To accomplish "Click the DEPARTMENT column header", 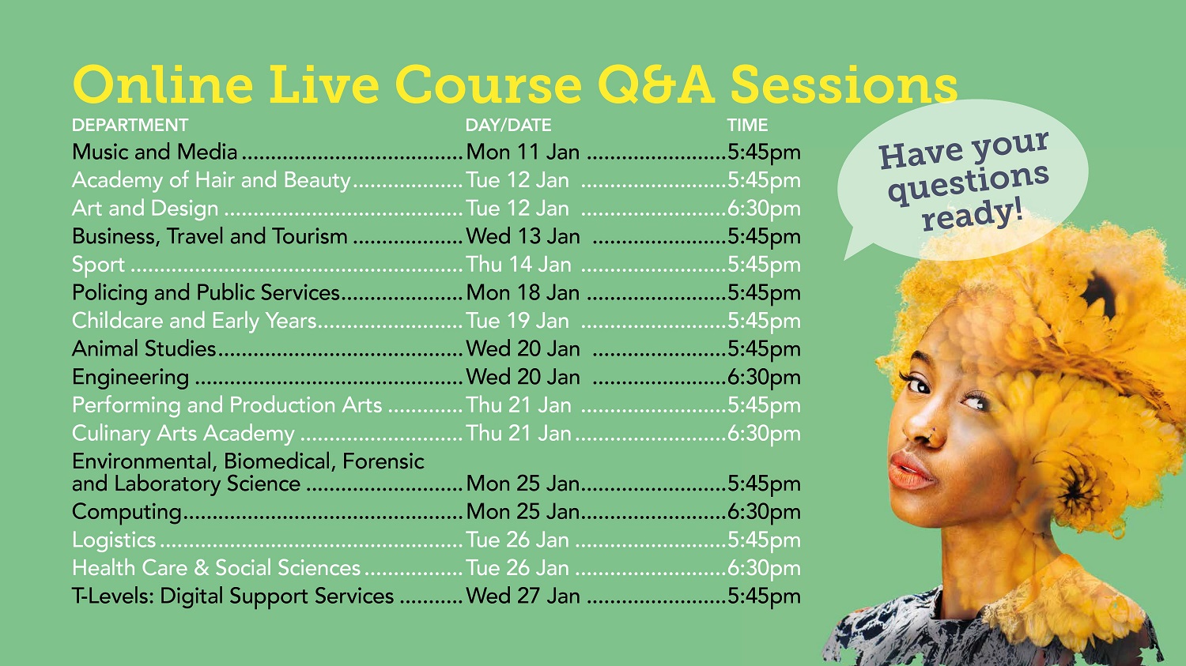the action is point(130,126).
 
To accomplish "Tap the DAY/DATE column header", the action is point(508,126).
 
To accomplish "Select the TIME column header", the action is point(747,126).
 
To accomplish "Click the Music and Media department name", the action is point(155,152).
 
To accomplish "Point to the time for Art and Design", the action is point(764,209).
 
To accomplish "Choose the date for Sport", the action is point(519,265).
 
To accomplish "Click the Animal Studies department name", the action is point(144,349).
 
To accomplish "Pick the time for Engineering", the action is point(764,377).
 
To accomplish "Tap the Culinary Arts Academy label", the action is point(183,434).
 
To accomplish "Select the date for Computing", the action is point(523,512).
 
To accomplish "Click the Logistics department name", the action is point(114,540).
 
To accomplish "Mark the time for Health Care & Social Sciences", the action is point(764,568).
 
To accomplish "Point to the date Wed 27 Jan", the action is point(523,596).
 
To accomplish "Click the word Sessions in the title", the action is point(844,85).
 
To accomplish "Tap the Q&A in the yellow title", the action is point(656,85).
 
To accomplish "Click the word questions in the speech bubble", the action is point(969,183).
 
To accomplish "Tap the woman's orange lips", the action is point(909,471).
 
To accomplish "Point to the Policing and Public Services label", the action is point(206,293).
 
